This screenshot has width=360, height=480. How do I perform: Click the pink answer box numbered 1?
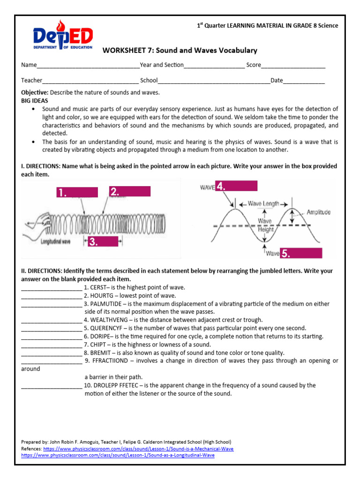(x=77, y=192)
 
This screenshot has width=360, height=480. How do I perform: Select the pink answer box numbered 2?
(x=129, y=191)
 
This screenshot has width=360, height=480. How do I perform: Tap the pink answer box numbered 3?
(x=101, y=241)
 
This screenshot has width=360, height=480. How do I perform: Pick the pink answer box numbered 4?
(x=236, y=186)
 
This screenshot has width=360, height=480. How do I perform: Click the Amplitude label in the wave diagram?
(x=318, y=212)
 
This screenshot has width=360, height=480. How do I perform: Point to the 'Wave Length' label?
(x=263, y=203)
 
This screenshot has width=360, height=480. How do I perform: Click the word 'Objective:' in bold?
(x=35, y=92)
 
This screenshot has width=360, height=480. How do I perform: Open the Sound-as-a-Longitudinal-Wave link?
(x=118, y=455)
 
